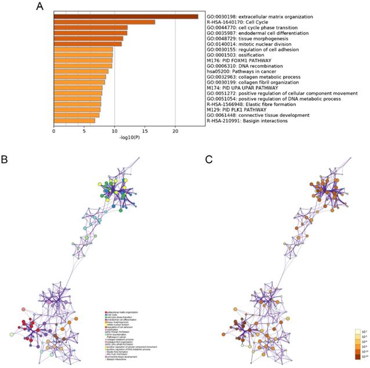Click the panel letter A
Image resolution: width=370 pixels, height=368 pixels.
[39, 6]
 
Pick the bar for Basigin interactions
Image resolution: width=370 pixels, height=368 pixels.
[74, 120]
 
